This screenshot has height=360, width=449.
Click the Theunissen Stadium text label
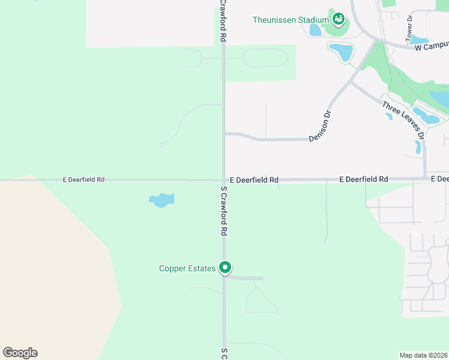click(x=291, y=20)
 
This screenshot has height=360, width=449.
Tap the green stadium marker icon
click(x=339, y=20)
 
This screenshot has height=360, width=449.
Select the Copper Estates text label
click(x=187, y=269)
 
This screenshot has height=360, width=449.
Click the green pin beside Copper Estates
click(x=225, y=267)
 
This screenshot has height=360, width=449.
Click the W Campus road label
click(x=432, y=46)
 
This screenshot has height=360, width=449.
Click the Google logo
click(x=20, y=353)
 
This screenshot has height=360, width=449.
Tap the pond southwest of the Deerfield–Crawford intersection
click(x=161, y=200)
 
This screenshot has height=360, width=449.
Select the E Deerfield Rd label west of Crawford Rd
click(x=84, y=179)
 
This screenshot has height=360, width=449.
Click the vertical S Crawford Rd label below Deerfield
click(x=223, y=210)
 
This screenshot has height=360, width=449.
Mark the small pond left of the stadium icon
click(x=315, y=29)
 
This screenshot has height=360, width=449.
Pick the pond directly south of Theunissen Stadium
click(x=342, y=52)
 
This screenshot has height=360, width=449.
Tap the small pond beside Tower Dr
click(x=420, y=40)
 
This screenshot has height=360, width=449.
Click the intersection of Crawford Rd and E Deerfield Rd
click(x=224, y=179)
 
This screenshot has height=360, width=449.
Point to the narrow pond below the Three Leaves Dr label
click(x=418, y=147)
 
